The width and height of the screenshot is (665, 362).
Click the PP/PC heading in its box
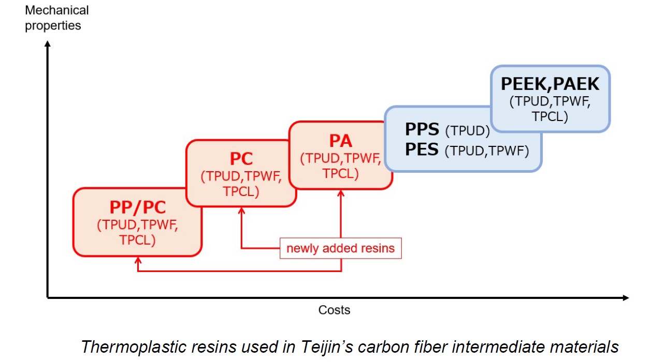coord(137,207)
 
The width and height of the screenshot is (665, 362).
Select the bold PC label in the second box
coord(241,158)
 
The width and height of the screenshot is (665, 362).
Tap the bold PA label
coord(340,140)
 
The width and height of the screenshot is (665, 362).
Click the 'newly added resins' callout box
coord(340,248)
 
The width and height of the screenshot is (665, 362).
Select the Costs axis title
coord(334,310)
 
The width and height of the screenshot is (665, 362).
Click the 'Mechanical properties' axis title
coord(56,18)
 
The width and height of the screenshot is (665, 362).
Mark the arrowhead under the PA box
coord(341,193)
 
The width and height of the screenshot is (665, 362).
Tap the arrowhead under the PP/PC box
coord(138,260)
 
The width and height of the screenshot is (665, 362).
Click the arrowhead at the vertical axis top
coord(48,44)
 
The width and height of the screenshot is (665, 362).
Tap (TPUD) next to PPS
coord(467,131)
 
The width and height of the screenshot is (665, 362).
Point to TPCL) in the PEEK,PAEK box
coord(550,116)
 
